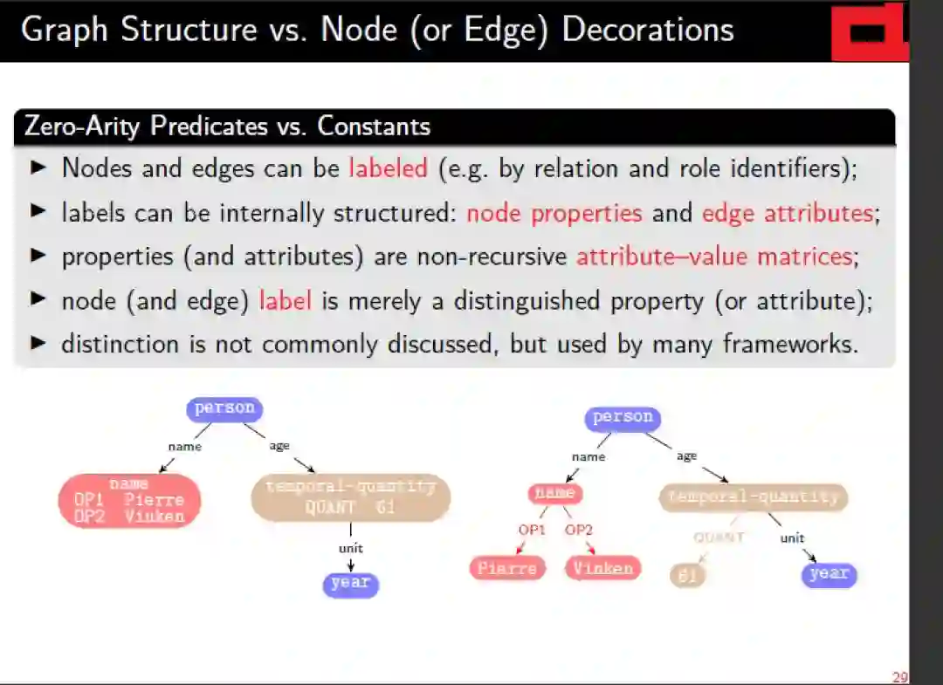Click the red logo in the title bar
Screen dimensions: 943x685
[x=869, y=32]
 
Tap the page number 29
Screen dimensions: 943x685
[x=899, y=677]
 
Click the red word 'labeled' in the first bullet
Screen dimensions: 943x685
[x=389, y=168]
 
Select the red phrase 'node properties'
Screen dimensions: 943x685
[x=554, y=213]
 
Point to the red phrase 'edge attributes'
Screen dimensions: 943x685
[x=787, y=213]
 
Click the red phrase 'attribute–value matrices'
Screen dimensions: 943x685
[x=713, y=257]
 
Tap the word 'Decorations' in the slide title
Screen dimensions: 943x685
[x=647, y=30]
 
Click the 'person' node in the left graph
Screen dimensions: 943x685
[x=224, y=408]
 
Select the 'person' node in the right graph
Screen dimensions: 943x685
[x=623, y=418]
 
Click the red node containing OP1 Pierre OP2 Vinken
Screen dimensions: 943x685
[x=129, y=501]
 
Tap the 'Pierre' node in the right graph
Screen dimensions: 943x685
[x=506, y=569]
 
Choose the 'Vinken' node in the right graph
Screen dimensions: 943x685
[x=602, y=569]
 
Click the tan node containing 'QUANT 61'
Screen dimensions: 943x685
[x=350, y=498]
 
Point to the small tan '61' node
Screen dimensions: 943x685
[x=687, y=575]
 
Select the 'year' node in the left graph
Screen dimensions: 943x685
[x=350, y=583]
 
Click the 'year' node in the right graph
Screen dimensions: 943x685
[x=829, y=574]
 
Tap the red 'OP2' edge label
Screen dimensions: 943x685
[x=578, y=530]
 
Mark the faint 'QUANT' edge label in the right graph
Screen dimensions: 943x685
[x=718, y=538]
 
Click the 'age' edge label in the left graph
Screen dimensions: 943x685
[x=279, y=446]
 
